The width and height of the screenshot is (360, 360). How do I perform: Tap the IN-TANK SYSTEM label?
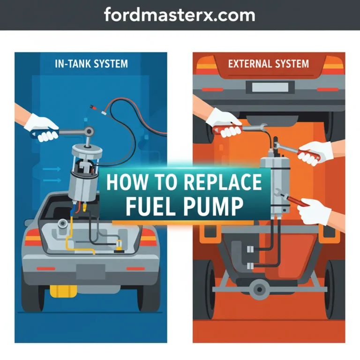pos(91,64)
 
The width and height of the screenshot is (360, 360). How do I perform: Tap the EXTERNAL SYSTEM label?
pos(268,63)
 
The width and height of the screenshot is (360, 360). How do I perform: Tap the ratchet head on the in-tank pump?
pos(88,132)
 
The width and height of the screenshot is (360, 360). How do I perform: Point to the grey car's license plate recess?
pos(91,270)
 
